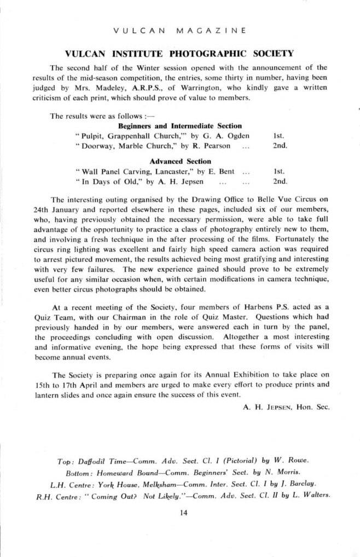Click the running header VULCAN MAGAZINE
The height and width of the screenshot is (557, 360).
179,30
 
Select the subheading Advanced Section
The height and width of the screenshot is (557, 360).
180,161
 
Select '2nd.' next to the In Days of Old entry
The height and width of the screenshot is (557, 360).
280,181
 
